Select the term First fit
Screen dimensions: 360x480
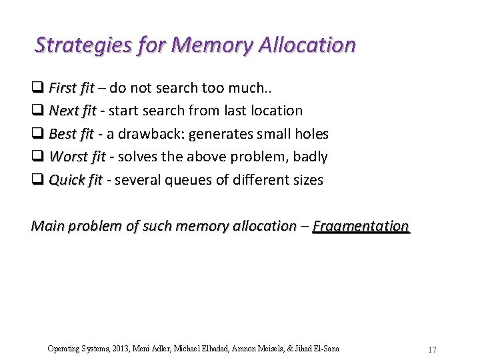pyautogui.click(x=71, y=88)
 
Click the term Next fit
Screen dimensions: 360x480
pyautogui.click(x=73, y=111)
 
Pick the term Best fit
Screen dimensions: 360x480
pyautogui.click(x=71, y=134)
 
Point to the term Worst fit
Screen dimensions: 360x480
pyautogui.click(x=77, y=157)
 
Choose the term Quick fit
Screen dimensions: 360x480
pyautogui.click(x=75, y=180)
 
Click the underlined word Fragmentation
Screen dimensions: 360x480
pyautogui.click(x=361, y=226)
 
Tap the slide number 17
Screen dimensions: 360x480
pyautogui.click(x=432, y=349)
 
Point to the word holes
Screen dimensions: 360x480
pyautogui.click(x=311, y=134)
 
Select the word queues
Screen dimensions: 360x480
pyautogui.click(x=177, y=180)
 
